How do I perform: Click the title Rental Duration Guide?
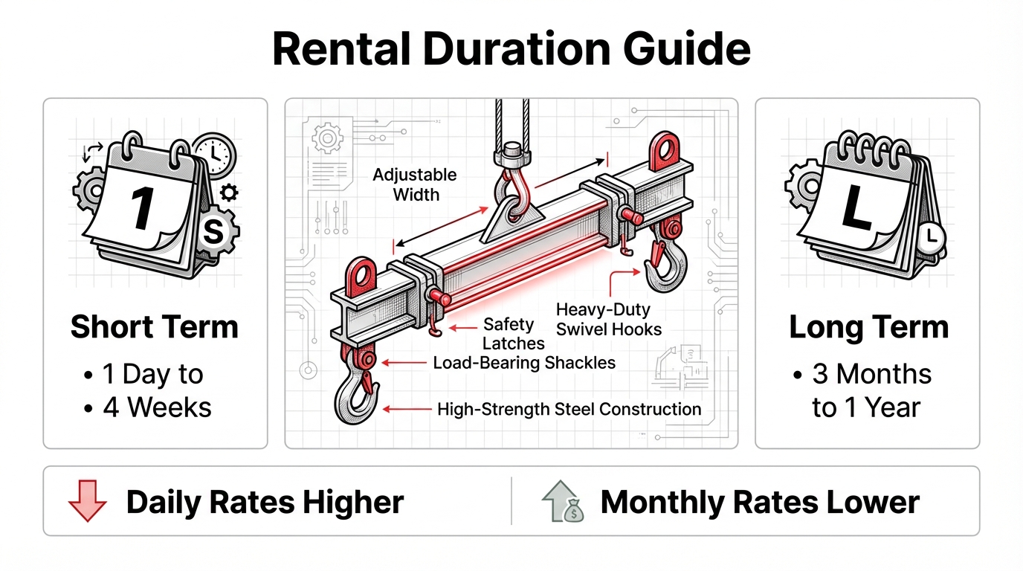tap(512, 50)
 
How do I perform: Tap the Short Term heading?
tap(155, 327)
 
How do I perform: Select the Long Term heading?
tap(868, 327)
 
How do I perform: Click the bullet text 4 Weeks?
tap(157, 407)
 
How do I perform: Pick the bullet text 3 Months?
tap(871, 374)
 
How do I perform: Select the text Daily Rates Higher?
tap(265, 503)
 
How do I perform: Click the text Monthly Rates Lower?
tap(759, 503)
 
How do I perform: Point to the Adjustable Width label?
tap(415, 185)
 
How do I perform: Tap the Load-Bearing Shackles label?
tap(524, 363)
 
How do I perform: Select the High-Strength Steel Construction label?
tap(569, 409)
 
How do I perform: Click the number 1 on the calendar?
tap(143, 207)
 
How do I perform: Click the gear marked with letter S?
tap(213, 232)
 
